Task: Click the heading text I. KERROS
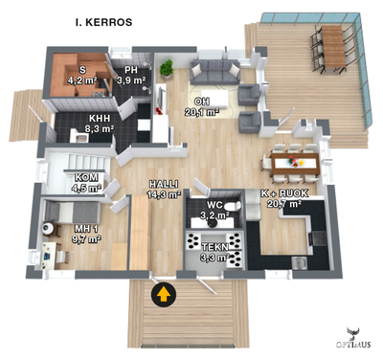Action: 103,20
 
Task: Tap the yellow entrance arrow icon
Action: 164,294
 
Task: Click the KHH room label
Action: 88,119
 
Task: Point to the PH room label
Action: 130,70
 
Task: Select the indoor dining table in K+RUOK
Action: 293,162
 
